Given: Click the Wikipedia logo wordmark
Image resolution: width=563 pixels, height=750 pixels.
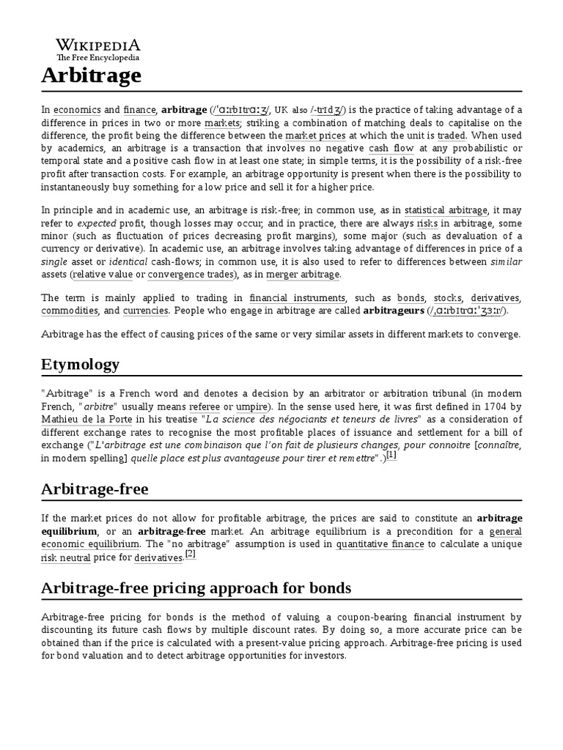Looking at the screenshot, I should pyautogui.click(x=98, y=45).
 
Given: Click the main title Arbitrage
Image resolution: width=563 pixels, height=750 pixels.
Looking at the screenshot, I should pyautogui.click(x=91, y=75).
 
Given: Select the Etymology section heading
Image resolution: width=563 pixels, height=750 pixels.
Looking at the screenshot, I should pyautogui.click(x=80, y=364).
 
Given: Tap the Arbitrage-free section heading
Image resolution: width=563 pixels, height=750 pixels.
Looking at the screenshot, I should pyautogui.click(x=95, y=489).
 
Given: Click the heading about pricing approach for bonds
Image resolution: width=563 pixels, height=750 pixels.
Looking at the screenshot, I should pyautogui.click(x=196, y=588).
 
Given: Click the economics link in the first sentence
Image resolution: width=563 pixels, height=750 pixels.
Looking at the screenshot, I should pyautogui.click(x=71, y=110).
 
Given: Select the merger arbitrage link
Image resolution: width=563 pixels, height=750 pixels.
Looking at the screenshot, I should pyautogui.click(x=303, y=274).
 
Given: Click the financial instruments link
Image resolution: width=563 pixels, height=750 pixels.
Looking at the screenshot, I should pyautogui.click(x=297, y=298).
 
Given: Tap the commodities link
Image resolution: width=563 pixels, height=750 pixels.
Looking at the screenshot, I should pyautogui.click(x=70, y=311).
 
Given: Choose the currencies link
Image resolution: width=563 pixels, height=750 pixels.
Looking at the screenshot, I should pyautogui.click(x=145, y=311).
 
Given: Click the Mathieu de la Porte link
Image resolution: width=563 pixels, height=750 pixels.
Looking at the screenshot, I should pyautogui.click(x=76, y=419).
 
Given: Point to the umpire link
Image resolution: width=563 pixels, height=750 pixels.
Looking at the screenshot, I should pyautogui.click(x=251, y=406).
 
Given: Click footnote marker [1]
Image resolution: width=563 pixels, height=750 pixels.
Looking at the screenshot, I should pyautogui.click(x=391, y=455).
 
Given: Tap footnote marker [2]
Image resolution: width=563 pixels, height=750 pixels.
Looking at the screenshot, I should pyautogui.click(x=191, y=554).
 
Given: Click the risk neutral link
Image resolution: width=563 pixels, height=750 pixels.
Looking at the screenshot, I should pyautogui.click(x=66, y=558).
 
